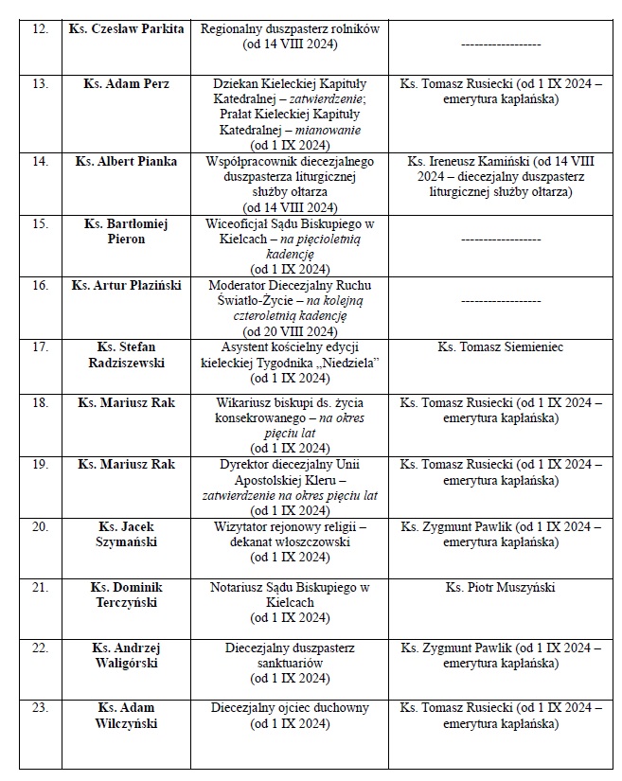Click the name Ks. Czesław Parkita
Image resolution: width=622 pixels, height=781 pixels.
click(x=126, y=29)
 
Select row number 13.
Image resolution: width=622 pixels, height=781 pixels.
click(x=40, y=84)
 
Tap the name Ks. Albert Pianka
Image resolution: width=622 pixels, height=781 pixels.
click(x=126, y=161)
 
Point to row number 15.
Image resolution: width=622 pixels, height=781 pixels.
click(x=40, y=224)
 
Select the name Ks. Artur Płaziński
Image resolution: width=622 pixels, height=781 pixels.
click(x=126, y=285)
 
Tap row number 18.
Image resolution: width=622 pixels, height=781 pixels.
click(x=40, y=402)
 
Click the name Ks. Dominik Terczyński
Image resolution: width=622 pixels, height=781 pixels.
click(x=126, y=595)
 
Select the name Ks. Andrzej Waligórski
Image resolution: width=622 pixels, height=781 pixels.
click(x=126, y=655)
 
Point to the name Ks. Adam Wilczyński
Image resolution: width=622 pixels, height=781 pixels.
click(x=126, y=716)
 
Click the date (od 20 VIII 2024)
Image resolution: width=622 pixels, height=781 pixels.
click(x=290, y=331)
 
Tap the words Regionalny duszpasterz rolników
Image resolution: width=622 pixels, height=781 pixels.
click(x=290, y=29)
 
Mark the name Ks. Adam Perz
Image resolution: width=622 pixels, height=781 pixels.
click(x=126, y=84)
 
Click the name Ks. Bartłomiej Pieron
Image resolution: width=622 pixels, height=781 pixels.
click(x=126, y=232)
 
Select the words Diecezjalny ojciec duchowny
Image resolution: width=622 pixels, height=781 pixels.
click(x=290, y=708)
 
